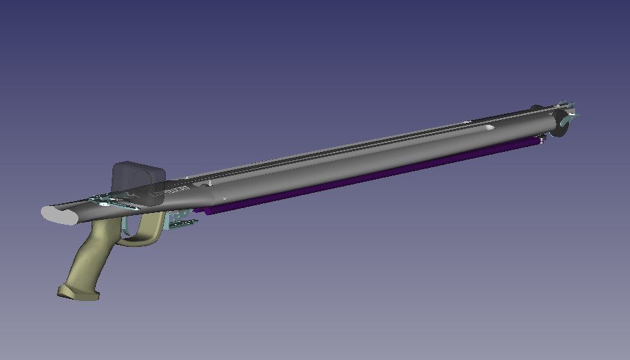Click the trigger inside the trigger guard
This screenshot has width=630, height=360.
(127, 225)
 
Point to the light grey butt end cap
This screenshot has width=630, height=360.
(59, 215)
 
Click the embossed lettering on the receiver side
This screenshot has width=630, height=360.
(176, 189)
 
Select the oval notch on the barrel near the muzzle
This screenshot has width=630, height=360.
(489, 128)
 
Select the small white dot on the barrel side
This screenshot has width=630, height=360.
(224, 199)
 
